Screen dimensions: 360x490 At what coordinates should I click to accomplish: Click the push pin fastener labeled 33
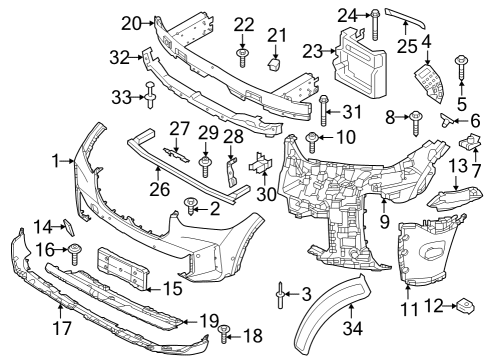[151, 97]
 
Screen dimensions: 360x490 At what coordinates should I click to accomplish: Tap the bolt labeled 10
[313, 140]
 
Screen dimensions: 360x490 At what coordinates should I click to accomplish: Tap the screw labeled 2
[190, 208]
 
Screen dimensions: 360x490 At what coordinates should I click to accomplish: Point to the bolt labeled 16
[75, 251]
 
